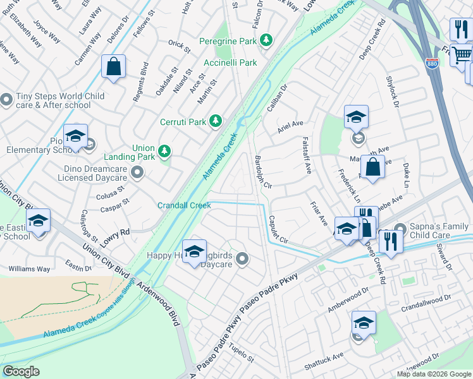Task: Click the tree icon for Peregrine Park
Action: pyautogui.click(x=267, y=40)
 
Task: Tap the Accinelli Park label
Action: pyautogui.click(x=230, y=63)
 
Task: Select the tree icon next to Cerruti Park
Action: pyautogui.click(x=216, y=120)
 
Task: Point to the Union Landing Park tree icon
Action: pyautogui.click(x=164, y=151)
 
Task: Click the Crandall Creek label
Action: pyautogui.click(x=184, y=205)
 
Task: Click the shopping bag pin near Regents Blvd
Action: pyautogui.click(x=113, y=66)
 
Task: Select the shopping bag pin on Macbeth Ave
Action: pyautogui.click(x=372, y=167)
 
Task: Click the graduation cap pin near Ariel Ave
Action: pyautogui.click(x=357, y=117)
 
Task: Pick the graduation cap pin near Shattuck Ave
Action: pyautogui.click(x=364, y=323)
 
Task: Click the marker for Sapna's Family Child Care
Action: pyautogui.click(x=399, y=229)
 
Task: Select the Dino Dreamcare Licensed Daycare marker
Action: pyautogui.click(x=137, y=172)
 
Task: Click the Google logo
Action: pyautogui.click(x=21, y=371)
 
